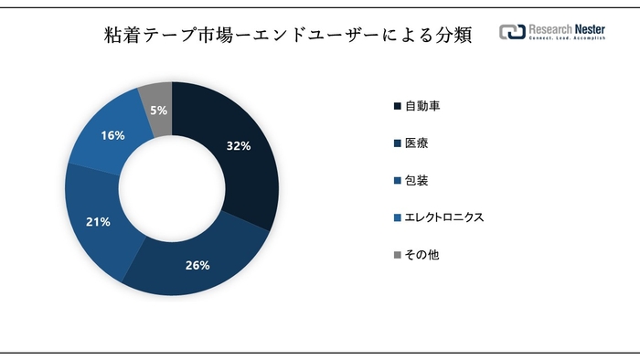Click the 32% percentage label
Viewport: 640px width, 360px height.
238,144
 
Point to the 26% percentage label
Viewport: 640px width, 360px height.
198,266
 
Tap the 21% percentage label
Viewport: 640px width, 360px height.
98,221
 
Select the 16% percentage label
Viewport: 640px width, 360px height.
113,135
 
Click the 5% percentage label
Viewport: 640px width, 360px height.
158,110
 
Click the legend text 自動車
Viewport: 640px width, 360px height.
422,106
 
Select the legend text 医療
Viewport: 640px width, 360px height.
416,143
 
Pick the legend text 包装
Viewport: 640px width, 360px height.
416,180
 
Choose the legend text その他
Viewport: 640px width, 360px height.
421,255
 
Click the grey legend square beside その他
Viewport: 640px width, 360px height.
396,255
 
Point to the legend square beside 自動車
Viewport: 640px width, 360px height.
396,106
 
